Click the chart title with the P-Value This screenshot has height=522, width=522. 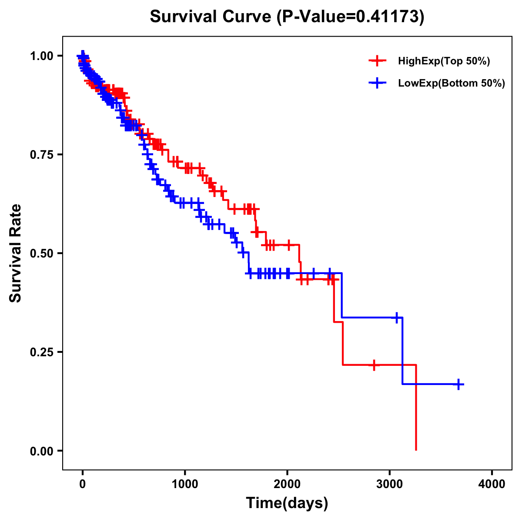[287, 17]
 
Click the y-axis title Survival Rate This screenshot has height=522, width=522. [16, 253]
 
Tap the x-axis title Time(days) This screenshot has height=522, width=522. [287, 503]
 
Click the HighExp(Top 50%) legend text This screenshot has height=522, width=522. [444, 61]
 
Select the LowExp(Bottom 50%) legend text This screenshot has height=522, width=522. [452, 84]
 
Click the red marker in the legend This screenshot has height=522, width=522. [378, 61]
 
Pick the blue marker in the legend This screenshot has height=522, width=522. [378, 83]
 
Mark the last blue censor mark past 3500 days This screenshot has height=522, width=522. [458, 384]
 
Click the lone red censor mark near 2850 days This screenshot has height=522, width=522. [374, 365]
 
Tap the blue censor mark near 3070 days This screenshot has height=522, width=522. [397, 318]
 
